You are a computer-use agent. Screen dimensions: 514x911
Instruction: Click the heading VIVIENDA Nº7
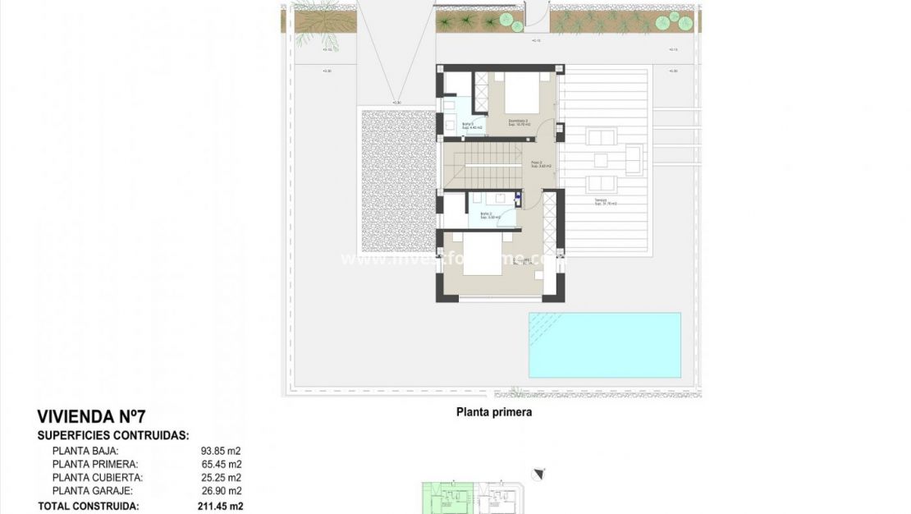point(91,416)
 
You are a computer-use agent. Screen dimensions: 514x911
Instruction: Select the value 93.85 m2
point(220,451)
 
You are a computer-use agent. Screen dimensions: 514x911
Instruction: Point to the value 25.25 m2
point(220,477)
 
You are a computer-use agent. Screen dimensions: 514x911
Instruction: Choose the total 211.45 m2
point(220,507)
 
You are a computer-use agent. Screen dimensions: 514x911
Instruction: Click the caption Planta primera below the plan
point(493,412)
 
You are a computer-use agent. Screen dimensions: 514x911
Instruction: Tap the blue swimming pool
point(605,345)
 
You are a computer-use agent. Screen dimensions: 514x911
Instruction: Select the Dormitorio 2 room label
point(518,122)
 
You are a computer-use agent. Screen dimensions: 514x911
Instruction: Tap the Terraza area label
point(606,202)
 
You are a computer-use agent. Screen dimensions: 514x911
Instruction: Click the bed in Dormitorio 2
point(521,93)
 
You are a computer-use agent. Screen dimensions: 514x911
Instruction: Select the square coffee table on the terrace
point(602,160)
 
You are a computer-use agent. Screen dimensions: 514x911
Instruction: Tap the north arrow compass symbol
point(538,474)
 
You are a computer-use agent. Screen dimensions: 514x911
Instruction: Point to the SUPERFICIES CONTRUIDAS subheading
point(113,435)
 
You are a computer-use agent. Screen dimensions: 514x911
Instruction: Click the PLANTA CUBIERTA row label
point(97,477)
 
